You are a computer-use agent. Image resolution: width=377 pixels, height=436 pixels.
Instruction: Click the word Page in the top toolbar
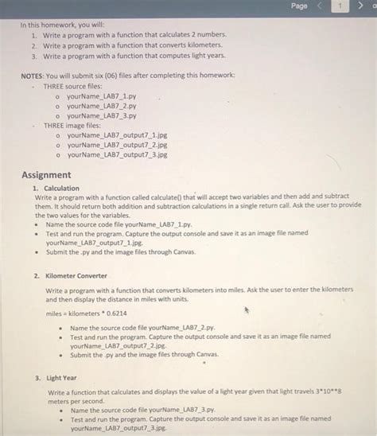(x=298, y=6)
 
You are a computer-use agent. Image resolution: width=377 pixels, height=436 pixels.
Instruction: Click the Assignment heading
(x=46, y=175)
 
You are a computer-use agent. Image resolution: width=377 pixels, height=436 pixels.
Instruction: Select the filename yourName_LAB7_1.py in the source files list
(x=102, y=95)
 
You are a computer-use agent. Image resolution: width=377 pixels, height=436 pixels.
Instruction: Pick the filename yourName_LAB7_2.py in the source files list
(x=102, y=105)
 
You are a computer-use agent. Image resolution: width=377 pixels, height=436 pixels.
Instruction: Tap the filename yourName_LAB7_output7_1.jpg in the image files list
(x=117, y=135)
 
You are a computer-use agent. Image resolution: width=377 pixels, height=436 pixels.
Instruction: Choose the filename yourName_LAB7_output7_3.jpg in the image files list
(x=117, y=155)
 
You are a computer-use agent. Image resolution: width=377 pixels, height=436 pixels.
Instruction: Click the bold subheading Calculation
(x=61, y=189)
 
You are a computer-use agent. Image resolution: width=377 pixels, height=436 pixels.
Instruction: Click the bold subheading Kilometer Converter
(x=76, y=276)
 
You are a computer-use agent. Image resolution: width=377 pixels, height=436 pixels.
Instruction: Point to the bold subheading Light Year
(x=61, y=379)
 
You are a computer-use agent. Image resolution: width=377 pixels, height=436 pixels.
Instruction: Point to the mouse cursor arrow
(x=247, y=310)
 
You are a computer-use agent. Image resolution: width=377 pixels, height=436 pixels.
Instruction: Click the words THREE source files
(x=72, y=85)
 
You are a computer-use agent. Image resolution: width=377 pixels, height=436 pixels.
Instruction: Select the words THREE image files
(x=72, y=125)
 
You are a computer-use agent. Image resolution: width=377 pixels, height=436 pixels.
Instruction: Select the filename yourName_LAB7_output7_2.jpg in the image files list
(x=117, y=146)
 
